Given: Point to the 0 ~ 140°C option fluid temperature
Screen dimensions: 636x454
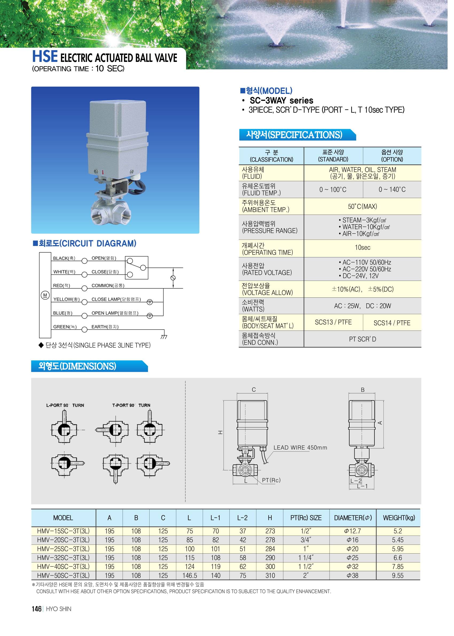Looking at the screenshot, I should pos(398,192).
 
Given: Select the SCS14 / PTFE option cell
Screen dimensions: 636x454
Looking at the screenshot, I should pos(398,328).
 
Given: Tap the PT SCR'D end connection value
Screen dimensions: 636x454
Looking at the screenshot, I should pos(368,344).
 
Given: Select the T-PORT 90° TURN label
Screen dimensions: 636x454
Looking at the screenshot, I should pos(133,411).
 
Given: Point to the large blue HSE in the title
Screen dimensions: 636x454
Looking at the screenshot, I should pos(46,57).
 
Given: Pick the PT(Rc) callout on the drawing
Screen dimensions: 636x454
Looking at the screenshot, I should pos(275,487).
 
